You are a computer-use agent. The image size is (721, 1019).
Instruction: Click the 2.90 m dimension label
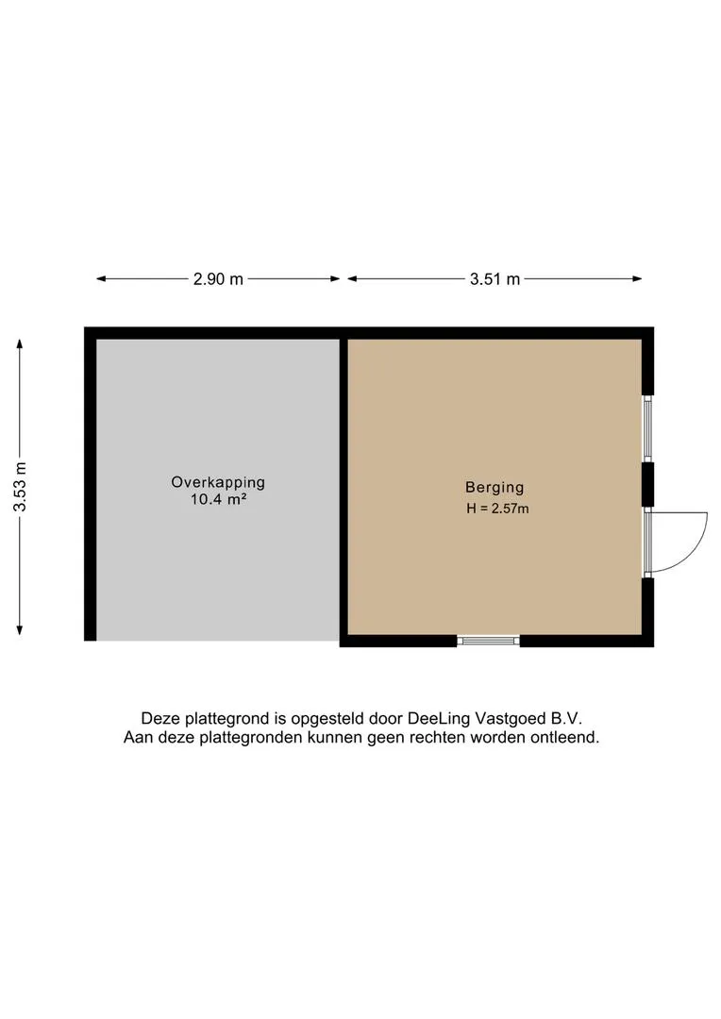click(x=218, y=278)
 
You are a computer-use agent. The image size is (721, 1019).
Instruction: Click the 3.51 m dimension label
click(x=495, y=278)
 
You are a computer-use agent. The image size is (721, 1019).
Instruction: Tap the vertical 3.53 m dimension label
click(x=20, y=487)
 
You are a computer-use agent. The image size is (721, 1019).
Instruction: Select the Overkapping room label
click(x=218, y=482)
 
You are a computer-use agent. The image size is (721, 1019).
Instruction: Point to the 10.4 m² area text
click(x=218, y=499)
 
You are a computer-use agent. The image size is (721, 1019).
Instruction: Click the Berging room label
click(x=495, y=488)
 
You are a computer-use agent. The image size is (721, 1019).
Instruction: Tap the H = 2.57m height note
click(x=497, y=509)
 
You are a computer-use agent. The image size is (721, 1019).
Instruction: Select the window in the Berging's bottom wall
click(x=488, y=641)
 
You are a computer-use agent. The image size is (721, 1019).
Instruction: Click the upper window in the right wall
click(x=647, y=428)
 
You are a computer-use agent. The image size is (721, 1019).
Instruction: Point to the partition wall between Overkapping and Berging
click(x=344, y=488)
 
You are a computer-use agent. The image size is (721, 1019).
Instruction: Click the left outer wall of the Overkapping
click(x=91, y=484)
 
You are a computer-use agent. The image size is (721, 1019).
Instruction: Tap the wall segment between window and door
click(x=648, y=484)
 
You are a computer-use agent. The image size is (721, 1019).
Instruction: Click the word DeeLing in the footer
click(x=439, y=718)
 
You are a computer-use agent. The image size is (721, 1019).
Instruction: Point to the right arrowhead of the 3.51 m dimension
click(x=637, y=278)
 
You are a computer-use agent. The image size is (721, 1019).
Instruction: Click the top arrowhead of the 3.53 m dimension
click(x=20, y=343)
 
